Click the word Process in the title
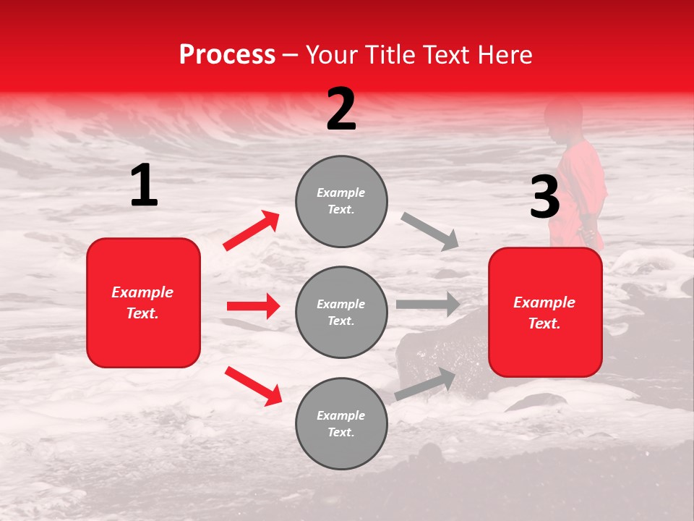[227, 54]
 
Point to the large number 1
[144, 185]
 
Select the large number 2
[341, 109]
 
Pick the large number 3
[544, 197]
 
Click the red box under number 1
[143, 302]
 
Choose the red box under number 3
[545, 313]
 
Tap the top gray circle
[341, 201]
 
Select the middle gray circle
[341, 312]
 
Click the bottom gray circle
[341, 423]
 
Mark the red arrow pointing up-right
[252, 230]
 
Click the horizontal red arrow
[253, 306]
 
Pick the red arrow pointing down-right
[253, 386]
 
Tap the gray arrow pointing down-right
[429, 231]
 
